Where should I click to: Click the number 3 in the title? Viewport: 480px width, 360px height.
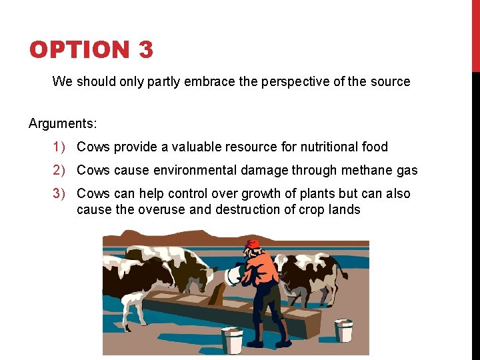[145, 50]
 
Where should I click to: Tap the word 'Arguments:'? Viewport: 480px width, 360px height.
[63, 123]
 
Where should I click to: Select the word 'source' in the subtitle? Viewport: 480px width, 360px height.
[391, 82]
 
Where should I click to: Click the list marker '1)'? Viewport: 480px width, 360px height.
[60, 147]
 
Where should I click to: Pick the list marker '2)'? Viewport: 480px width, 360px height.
[60, 170]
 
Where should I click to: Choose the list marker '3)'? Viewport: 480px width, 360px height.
[60, 193]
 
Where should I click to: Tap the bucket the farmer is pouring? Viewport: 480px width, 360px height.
[234, 275]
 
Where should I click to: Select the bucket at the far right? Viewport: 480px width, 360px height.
[343, 330]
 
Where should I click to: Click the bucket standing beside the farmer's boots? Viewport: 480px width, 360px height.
[233, 341]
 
